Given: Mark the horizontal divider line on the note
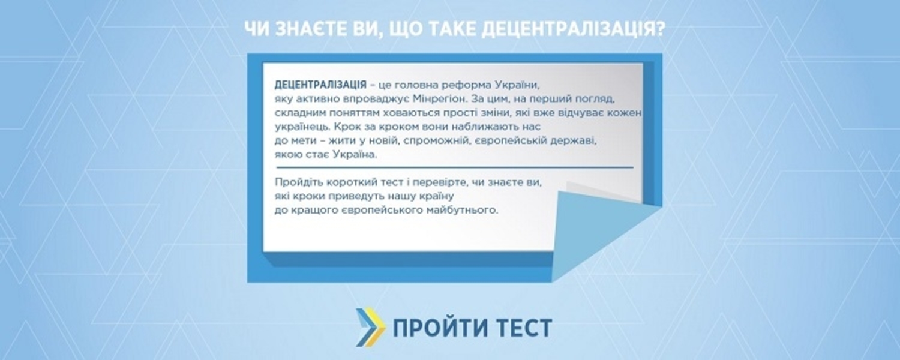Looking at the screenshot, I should click(x=454, y=167).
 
